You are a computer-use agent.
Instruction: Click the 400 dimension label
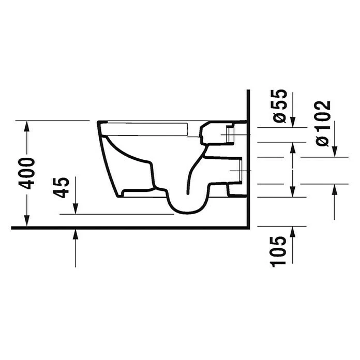click(x=26, y=173)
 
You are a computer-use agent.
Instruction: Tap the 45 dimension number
click(x=61, y=188)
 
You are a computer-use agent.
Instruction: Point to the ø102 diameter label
click(x=323, y=123)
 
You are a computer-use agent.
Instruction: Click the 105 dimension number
click(x=279, y=251)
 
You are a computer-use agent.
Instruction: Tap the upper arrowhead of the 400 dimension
click(x=27, y=126)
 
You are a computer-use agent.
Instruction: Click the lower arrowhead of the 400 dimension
click(x=27, y=221)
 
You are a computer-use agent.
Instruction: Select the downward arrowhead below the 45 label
click(x=76, y=208)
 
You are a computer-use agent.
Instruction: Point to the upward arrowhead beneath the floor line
click(x=76, y=234)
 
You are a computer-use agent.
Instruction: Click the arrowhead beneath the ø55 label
click(x=293, y=122)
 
